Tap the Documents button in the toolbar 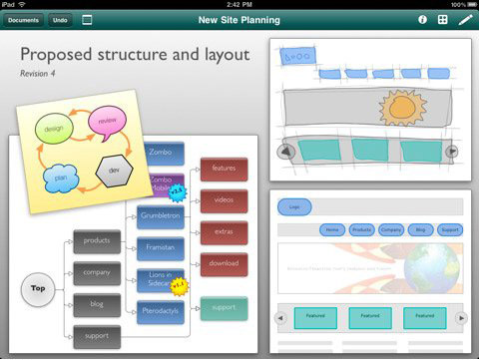(x=24, y=20)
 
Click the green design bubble (x=54, y=127)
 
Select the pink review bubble (x=107, y=122)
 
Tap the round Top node (x=38, y=288)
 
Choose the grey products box (x=97, y=240)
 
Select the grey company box (x=97, y=271)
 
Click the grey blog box (x=97, y=304)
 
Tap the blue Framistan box (x=160, y=246)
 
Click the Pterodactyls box (x=160, y=312)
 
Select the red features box (x=224, y=169)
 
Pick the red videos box (x=224, y=199)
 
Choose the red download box (x=224, y=264)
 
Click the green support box (x=224, y=307)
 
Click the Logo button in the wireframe (x=294, y=207)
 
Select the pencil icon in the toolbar (x=465, y=20)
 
